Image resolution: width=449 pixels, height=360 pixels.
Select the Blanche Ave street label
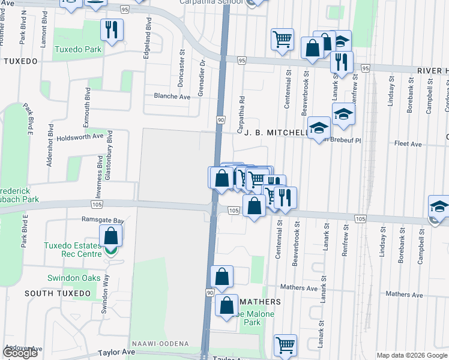tap(172, 96)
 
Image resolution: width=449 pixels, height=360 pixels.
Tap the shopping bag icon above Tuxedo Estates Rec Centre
tap(112, 235)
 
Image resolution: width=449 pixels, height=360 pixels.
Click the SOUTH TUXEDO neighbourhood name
tap(58, 293)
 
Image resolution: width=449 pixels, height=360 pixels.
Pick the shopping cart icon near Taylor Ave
tap(285, 344)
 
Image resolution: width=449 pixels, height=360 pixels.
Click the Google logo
tap(20, 352)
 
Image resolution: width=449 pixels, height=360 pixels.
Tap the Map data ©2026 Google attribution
tap(411, 355)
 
